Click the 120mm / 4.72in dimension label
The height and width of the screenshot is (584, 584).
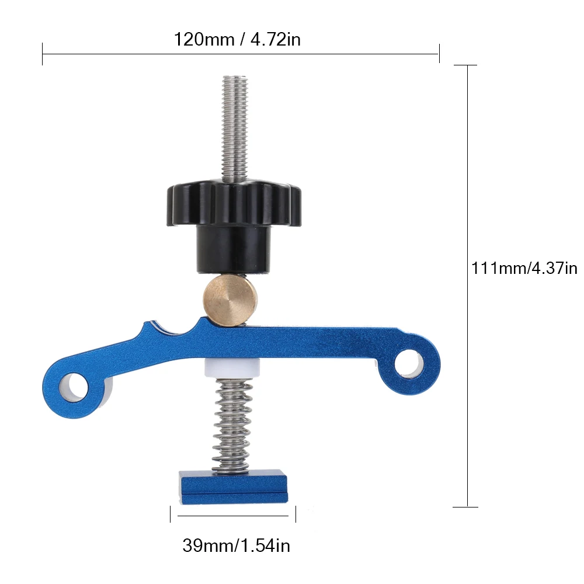click(237, 39)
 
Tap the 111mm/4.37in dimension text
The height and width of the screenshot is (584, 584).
click(524, 268)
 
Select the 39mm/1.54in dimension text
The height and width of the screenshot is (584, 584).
click(236, 545)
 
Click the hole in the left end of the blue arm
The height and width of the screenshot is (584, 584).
click(74, 387)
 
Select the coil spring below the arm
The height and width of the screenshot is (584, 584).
click(231, 425)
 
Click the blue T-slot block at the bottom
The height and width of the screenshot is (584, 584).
click(234, 487)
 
